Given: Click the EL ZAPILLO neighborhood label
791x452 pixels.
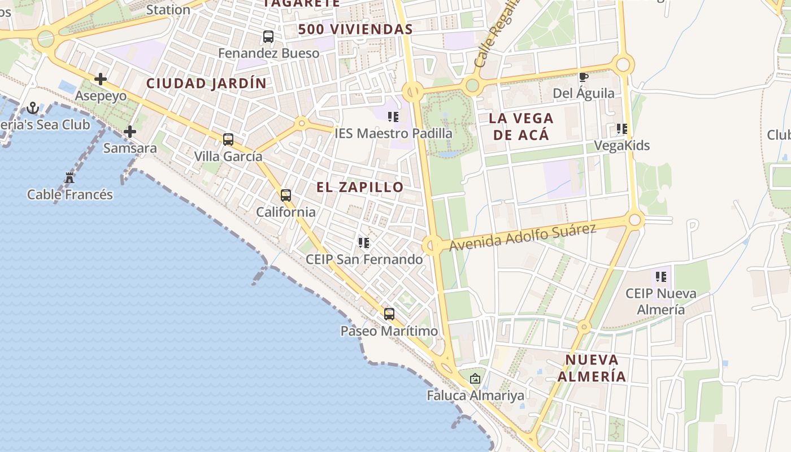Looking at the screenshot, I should pyautogui.click(x=360, y=187).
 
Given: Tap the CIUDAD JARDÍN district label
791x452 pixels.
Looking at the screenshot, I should pyautogui.click(x=206, y=83).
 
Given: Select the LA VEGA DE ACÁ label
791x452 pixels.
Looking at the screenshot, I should pyautogui.click(x=521, y=127).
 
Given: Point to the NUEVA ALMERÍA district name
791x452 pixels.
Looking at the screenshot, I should pyautogui.click(x=592, y=368).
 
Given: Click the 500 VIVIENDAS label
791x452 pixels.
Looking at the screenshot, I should pyautogui.click(x=355, y=29).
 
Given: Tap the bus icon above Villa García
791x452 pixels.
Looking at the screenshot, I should pyautogui.click(x=228, y=139).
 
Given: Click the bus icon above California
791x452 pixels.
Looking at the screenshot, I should pyautogui.click(x=286, y=195).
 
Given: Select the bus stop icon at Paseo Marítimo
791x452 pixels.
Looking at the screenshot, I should pyautogui.click(x=389, y=314).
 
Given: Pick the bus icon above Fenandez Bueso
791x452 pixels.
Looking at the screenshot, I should pyautogui.click(x=268, y=37).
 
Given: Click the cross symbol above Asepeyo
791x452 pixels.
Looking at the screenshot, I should pyautogui.click(x=101, y=79).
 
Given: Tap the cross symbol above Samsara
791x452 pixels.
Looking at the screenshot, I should pyautogui.click(x=130, y=132).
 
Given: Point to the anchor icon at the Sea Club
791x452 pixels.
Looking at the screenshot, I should pyautogui.click(x=33, y=107).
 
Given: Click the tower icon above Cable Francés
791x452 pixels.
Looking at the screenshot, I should pyautogui.click(x=69, y=178).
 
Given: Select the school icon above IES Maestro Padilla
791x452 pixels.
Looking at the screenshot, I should pyautogui.click(x=393, y=117).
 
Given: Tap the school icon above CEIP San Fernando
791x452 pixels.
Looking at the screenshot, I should pyautogui.click(x=364, y=243).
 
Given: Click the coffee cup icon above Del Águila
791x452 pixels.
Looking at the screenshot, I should pyautogui.click(x=584, y=77).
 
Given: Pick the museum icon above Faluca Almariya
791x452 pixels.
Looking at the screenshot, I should pyautogui.click(x=475, y=379).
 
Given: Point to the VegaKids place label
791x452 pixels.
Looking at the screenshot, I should pyautogui.click(x=621, y=146).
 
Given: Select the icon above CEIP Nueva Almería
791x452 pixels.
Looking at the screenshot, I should pyautogui.click(x=661, y=277).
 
